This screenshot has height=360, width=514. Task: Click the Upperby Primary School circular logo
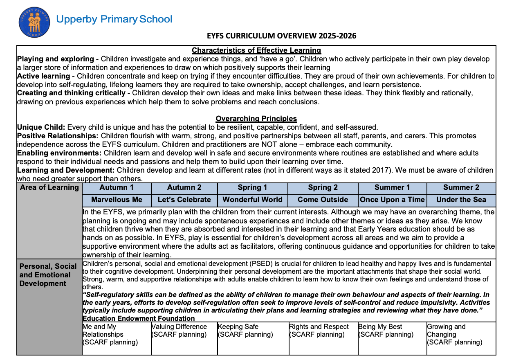(x=34, y=23)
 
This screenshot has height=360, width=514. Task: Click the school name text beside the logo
(x=114, y=19)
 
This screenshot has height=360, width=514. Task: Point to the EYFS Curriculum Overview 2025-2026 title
(x=281, y=36)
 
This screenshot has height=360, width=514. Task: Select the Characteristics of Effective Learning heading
(x=256, y=50)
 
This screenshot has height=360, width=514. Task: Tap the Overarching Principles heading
(x=256, y=119)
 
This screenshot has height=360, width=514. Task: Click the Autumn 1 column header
(x=117, y=187)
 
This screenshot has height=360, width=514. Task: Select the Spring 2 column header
(x=323, y=187)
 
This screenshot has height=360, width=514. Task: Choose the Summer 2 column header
(x=461, y=187)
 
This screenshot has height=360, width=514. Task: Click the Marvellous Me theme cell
(x=117, y=200)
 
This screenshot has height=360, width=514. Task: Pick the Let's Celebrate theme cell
(x=184, y=200)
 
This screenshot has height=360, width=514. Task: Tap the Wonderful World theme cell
(x=252, y=200)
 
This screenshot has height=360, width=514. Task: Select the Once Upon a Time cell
(x=393, y=200)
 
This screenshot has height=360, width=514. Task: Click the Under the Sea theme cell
(x=461, y=200)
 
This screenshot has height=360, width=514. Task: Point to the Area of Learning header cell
(x=49, y=187)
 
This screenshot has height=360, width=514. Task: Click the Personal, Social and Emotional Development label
(x=45, y=275)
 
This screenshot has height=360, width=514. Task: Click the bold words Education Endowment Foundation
(x=139, y=318)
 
